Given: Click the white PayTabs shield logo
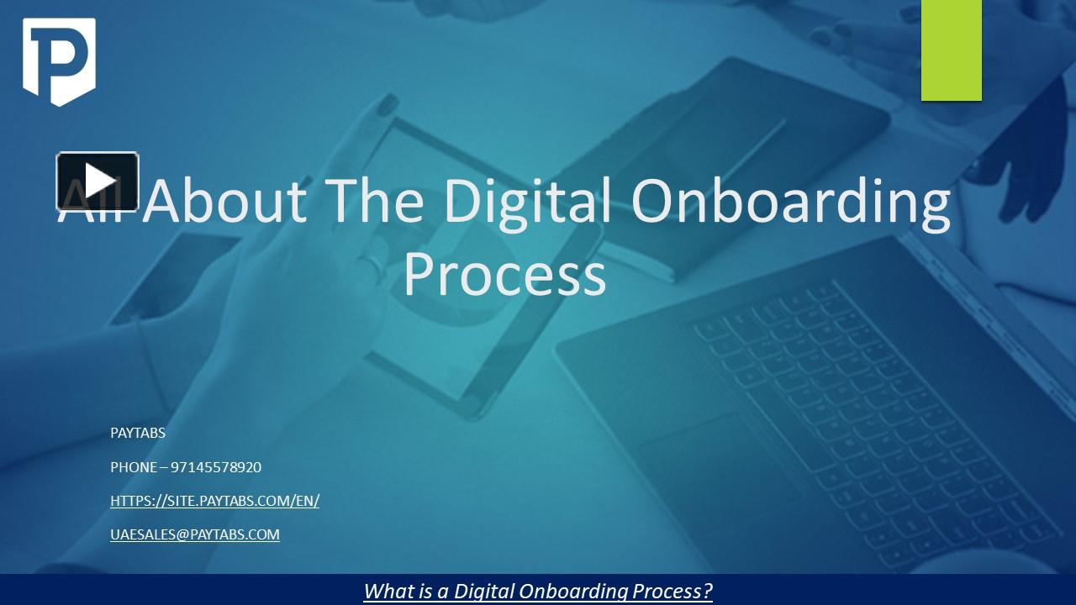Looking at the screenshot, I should coord(59,61).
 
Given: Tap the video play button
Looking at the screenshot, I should coord(98,181).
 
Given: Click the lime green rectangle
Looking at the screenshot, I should coord(951,50).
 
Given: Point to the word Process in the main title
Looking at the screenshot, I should coord(504,274).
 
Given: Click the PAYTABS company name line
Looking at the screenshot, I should coord(138,434).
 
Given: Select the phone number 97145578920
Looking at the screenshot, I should coord(216,467).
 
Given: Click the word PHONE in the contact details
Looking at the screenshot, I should coord(134,467).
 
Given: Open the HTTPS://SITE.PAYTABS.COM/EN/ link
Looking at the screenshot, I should coord(214,501).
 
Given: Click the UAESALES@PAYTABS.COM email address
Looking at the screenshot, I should coord(195,534).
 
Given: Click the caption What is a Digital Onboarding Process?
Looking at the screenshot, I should coord(538,591).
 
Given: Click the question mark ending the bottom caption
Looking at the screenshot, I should coord(708,591).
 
